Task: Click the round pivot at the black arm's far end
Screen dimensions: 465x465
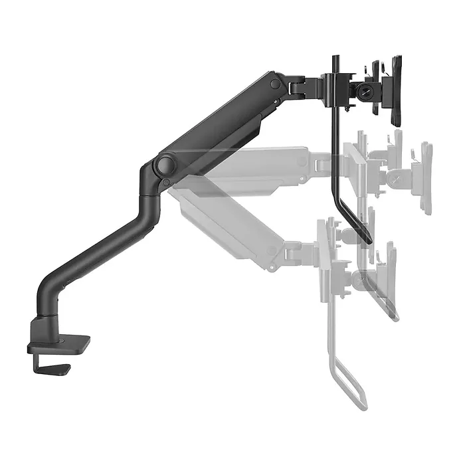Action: pos(275,84)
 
